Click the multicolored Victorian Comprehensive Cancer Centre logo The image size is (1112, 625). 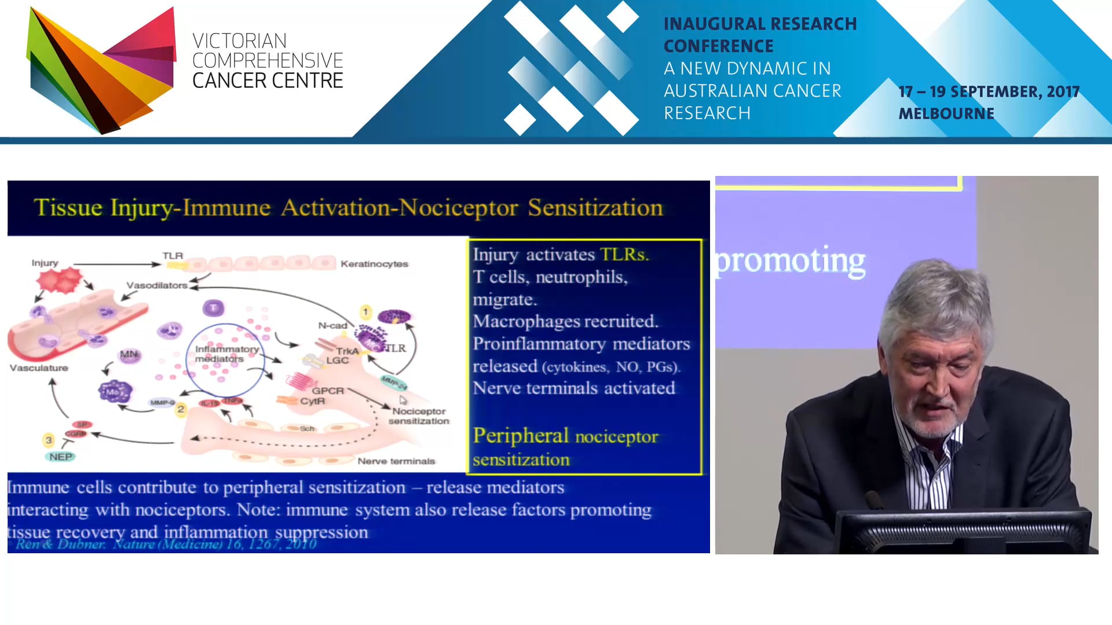101,69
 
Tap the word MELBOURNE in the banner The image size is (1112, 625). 946,113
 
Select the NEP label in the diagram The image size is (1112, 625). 60,457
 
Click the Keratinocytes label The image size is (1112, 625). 374,264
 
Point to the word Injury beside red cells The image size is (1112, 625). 45,263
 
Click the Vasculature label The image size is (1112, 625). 39,367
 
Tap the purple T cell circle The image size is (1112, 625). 213,308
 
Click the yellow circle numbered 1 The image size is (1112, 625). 365,312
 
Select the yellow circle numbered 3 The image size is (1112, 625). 49,440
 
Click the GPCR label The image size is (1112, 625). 327,391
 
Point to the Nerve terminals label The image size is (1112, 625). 396,461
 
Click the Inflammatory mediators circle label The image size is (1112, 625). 226,354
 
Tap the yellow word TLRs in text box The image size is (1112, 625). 624,255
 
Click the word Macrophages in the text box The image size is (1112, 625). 525,321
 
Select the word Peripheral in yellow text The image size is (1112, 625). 521,436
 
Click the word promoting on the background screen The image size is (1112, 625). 791,261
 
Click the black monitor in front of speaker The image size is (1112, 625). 961,532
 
